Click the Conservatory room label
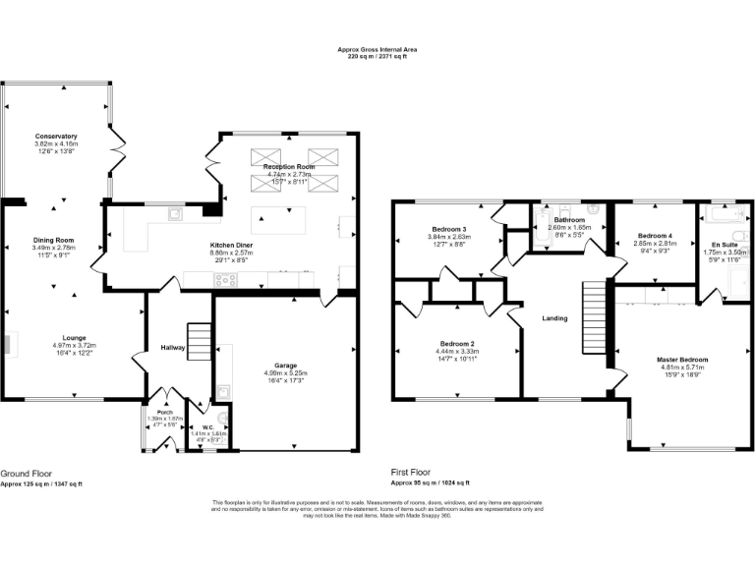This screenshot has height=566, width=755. [x=55, y=136]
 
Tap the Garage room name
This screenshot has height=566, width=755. [x=286, y=365]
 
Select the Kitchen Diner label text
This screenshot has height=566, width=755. [x=233, y=245]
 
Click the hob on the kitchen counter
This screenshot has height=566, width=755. [x=226, y=280]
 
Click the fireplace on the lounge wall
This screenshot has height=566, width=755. [x=8, y=344]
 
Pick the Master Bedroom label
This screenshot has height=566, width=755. [x=682, y=360]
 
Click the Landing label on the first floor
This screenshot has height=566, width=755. [x=554, y=318]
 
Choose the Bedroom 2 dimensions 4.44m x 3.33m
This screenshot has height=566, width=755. [x=458, y=351]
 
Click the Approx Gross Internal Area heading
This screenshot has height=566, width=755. [x=377, y=50]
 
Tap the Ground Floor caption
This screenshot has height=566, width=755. [x=27, y=472]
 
